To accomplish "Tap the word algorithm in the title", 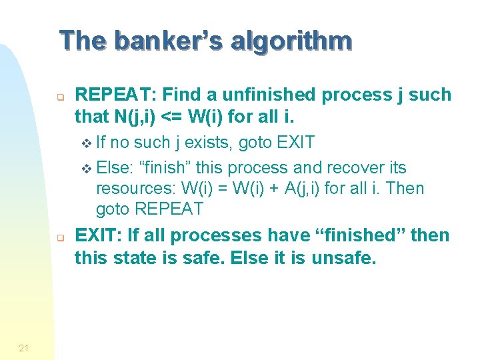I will (x=291, y=41).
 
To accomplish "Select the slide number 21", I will (x=24, y=345).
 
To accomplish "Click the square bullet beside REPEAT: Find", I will (x=59, y=97).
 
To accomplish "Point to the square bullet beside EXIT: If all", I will (x=59, y=237).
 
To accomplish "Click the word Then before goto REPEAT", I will (x=404, y=188).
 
